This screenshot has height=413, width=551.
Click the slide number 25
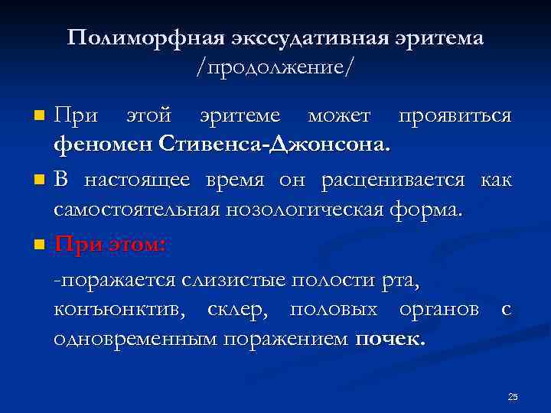click(x=513, y=396)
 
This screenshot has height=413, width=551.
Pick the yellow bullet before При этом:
click(x=40, y=246)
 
